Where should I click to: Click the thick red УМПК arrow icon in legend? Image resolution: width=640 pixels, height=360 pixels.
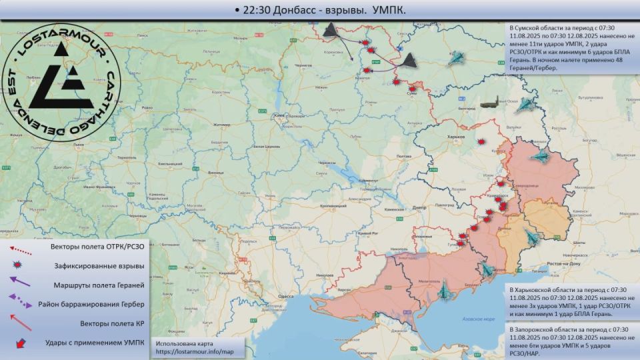21,343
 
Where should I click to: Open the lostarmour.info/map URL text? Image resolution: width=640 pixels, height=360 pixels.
195,351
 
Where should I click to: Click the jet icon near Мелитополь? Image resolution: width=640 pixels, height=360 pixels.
443,290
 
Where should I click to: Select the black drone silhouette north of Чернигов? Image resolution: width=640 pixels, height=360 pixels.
332,31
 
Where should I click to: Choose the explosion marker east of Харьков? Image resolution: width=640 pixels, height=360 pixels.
481,141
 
